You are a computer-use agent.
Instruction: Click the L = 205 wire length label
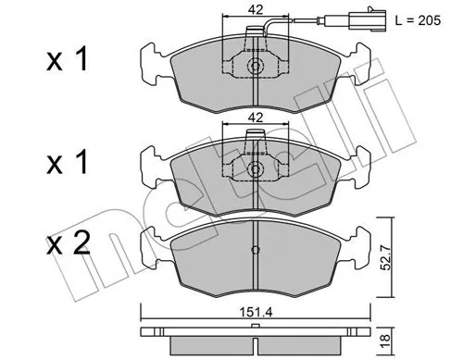(x=418, y=20)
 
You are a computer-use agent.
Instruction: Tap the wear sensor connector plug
(x=368, y=20)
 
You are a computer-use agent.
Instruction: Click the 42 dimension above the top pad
(x=256, y=10)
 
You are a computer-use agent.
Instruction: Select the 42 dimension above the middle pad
(x=256, y=118)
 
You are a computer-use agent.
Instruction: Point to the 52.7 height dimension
(x=385, y=257)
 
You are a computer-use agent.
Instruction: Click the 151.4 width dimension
(x=256, y=313)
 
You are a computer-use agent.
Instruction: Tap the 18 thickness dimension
(x=386, y=341)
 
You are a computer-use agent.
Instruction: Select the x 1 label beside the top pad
(x=68, y=61)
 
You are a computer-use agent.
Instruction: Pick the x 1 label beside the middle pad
(x=68, y=165)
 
